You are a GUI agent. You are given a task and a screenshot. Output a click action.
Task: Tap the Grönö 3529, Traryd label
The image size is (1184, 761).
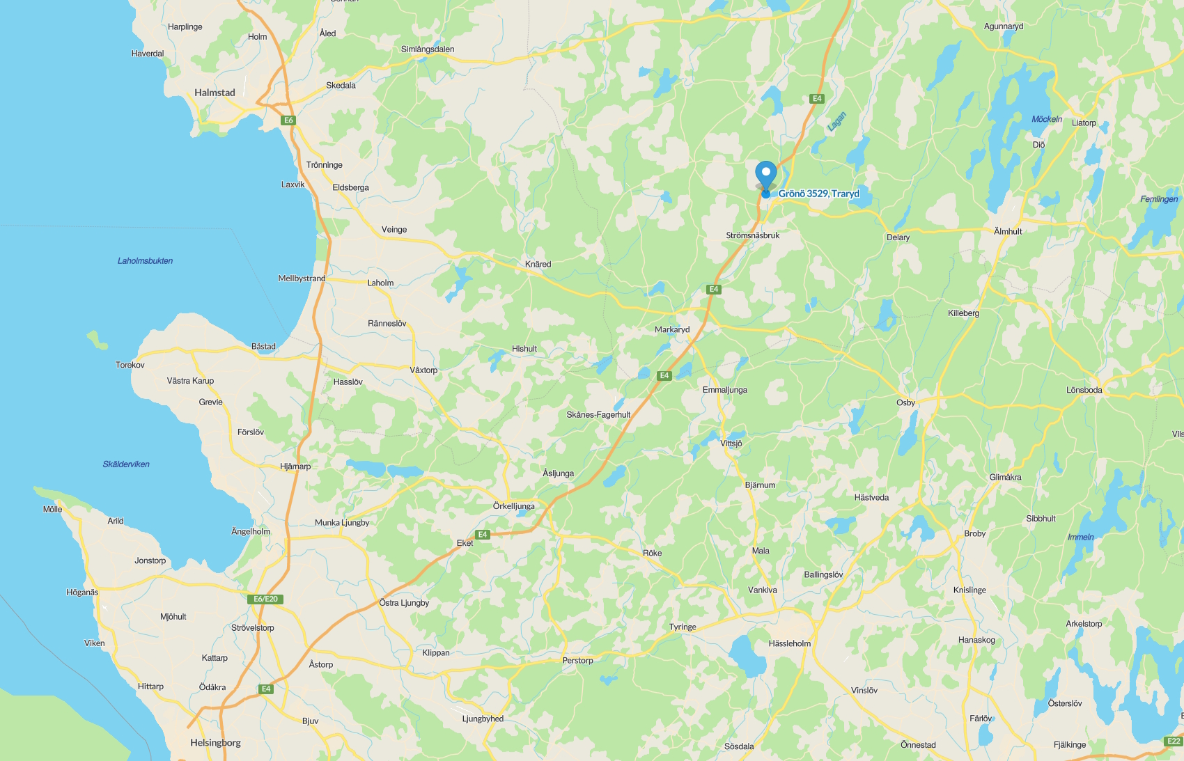click(x=819, y=194)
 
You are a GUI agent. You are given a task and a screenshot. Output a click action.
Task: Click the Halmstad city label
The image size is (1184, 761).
click(x=215, y=93)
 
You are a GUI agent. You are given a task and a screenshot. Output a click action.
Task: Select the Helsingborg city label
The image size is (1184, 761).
click(x=215, y=743)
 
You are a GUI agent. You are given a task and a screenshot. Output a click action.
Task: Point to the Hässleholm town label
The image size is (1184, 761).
click(x=789, y=643)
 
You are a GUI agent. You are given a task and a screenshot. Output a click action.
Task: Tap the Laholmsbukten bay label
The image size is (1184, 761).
click(x=145, y=261)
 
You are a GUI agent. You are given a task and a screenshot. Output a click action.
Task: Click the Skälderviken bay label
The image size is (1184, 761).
click(x=126, y=464)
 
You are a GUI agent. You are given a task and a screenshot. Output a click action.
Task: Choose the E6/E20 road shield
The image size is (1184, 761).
click(x=265, y=599)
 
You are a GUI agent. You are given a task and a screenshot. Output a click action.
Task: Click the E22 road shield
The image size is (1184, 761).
click(x=1174, y=741)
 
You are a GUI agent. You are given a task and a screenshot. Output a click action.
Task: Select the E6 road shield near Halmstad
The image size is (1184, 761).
click(x=288, y=120)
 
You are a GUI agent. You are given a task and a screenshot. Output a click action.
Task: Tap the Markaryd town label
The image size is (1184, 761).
click(x=672, y=329)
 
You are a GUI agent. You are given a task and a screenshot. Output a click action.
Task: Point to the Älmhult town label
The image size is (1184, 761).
click(x=1008, y=231)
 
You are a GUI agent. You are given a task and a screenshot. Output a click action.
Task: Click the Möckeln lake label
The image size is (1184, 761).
click(x=1047, y=119)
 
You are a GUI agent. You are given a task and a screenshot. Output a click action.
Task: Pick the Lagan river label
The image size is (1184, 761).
click(x=836, y=122)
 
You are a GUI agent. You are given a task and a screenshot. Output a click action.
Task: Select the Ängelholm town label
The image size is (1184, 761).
click(x=251, y=531)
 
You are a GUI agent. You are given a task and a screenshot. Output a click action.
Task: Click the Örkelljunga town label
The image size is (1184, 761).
click(x=514, y=506)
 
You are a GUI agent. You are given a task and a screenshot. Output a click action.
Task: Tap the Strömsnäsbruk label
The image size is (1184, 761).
click(x=753, y=235)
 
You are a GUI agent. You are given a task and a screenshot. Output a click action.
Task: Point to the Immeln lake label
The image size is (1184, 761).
click(x=1081, y=537)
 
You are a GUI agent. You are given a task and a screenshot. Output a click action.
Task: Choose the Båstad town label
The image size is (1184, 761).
click(x=263, y=346)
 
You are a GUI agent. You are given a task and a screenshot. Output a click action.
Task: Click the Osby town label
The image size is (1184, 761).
click(x=905, y=402)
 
